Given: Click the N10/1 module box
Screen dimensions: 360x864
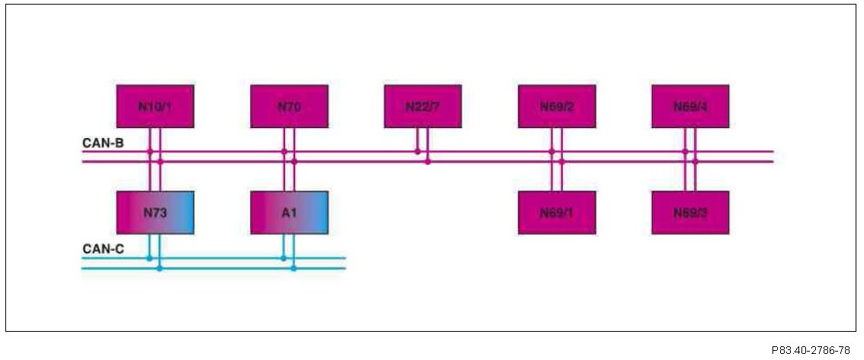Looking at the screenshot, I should tap(155, 106).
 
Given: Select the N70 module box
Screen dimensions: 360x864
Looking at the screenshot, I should tap(289, 106).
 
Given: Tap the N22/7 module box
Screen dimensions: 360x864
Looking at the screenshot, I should tap(422, 106).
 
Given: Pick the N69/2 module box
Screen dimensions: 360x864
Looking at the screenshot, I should tap(557, 106).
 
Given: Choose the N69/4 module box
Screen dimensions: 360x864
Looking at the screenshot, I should tap(690, 106).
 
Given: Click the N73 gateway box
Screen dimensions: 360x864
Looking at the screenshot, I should tap(155, 212).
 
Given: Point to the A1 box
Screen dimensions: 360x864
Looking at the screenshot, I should tap(289, 212).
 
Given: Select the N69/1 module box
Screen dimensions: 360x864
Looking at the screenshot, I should tap(557, 212).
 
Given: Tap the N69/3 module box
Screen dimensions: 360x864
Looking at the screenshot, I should tap(690, 212).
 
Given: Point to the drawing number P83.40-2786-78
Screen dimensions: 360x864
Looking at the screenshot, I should tap(810, 350).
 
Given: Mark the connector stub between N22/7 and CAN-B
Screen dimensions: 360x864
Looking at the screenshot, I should tap(422, 140).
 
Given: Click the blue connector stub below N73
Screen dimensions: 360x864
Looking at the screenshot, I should tap(155, 246).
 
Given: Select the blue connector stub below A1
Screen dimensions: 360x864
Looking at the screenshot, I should tap(289, 246).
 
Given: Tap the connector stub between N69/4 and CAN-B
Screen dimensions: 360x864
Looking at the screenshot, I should tap(690, 140).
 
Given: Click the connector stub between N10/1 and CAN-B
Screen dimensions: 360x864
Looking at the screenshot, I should tap(155, 140).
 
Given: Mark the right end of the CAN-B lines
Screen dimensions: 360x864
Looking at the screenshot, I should tap(772, 156).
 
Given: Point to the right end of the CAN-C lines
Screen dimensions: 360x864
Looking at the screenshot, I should tap(344, 263).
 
